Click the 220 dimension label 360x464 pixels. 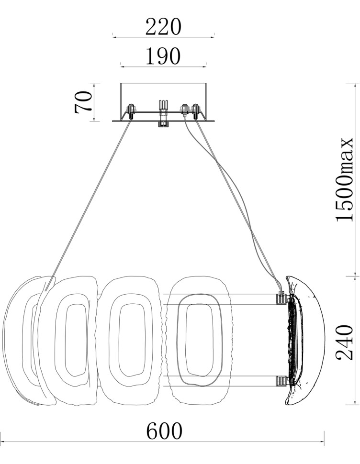pos(163,27)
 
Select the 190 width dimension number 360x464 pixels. pos(163,56)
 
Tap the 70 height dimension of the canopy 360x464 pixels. pos(83,102)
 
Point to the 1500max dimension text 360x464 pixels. pos(345,179)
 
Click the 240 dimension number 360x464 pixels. pos(345,342)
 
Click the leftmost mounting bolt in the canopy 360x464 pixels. pos(131,111)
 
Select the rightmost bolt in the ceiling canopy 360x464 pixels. pos(195,111)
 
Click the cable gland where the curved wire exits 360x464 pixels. pos(185,110)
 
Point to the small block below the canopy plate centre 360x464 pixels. pos(163,124)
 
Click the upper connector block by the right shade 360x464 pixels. pos(281,298)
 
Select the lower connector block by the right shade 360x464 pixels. pos(281,381)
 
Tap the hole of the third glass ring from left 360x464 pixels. pos(132,340)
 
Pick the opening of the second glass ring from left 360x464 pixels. pos(76,340)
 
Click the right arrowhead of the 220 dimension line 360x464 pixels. pos(212,37)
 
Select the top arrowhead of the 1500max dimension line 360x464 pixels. pos(355,85)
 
